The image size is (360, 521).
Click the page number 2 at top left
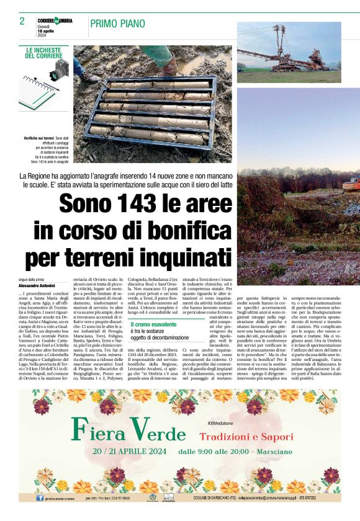tap(22, 22)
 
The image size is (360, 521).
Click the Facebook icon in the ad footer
tap(40, 497)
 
